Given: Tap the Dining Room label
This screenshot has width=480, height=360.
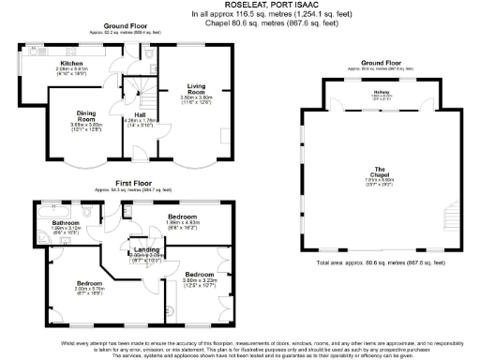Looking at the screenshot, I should (x=86, y=116).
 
